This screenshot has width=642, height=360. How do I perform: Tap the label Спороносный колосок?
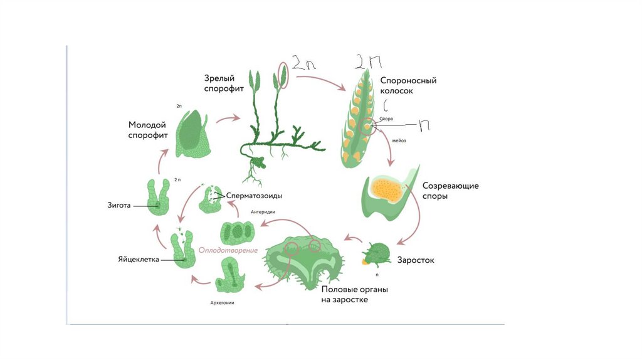pos(408,85)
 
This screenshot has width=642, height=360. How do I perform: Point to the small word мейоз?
pos(399,140)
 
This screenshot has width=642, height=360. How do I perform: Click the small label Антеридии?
pos(263,212)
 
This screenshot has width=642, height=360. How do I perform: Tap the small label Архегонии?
pos(226,303)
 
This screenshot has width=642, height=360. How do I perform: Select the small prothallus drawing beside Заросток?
pos(377,255)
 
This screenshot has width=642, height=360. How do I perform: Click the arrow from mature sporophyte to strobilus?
pos(320,82)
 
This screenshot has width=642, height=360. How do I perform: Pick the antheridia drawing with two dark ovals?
pos(238,231)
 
